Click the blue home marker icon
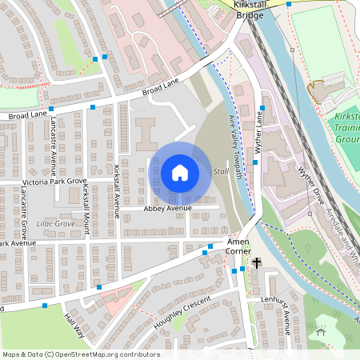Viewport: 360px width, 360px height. [x=179, y=173]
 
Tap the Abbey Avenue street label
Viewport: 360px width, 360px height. [x=168, y=208]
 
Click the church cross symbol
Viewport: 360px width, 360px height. [x=257, y=262]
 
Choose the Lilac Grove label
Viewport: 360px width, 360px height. [x=55, y=224]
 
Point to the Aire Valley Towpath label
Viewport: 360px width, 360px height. [x=234, y=141]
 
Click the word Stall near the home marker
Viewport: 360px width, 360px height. [x=222, y=172]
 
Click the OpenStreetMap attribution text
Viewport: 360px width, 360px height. [x=80, y=354]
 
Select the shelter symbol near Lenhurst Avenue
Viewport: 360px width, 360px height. [x=321, y=330]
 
